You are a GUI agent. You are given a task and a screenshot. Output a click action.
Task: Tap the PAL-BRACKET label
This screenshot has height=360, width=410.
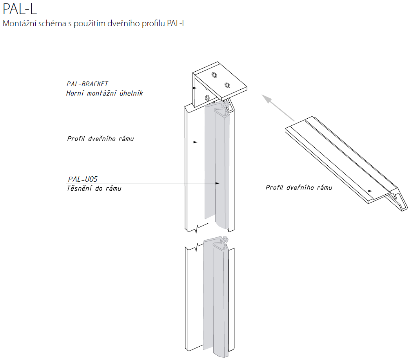tap(87, 84)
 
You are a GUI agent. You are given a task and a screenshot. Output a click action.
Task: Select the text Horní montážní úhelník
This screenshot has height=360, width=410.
tap(105, 93)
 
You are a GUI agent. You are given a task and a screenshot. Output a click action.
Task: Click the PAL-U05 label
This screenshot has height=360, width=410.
tap(83, 179)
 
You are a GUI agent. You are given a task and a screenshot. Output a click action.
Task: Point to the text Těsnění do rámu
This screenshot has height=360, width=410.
tap(94, 188)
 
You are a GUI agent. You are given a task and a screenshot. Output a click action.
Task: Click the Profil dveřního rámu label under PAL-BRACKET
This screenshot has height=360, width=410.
tap(100, 138)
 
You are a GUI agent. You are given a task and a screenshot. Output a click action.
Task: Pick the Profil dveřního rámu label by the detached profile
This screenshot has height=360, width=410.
tap(299, 188)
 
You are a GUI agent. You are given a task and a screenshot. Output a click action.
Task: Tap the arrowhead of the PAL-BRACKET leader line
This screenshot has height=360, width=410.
tap(194, 88)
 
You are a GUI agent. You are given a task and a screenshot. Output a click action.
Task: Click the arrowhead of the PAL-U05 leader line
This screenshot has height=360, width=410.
tap(217, 183)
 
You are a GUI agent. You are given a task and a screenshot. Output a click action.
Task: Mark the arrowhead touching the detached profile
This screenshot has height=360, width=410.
tap(370, 191)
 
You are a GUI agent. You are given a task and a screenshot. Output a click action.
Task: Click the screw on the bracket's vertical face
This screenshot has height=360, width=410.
tap(207, 98)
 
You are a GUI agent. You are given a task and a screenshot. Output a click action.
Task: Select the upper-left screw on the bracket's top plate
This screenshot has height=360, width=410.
tap(214, 75)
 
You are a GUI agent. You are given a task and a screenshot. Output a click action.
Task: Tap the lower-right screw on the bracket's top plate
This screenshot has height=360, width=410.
tap(227, 85)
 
